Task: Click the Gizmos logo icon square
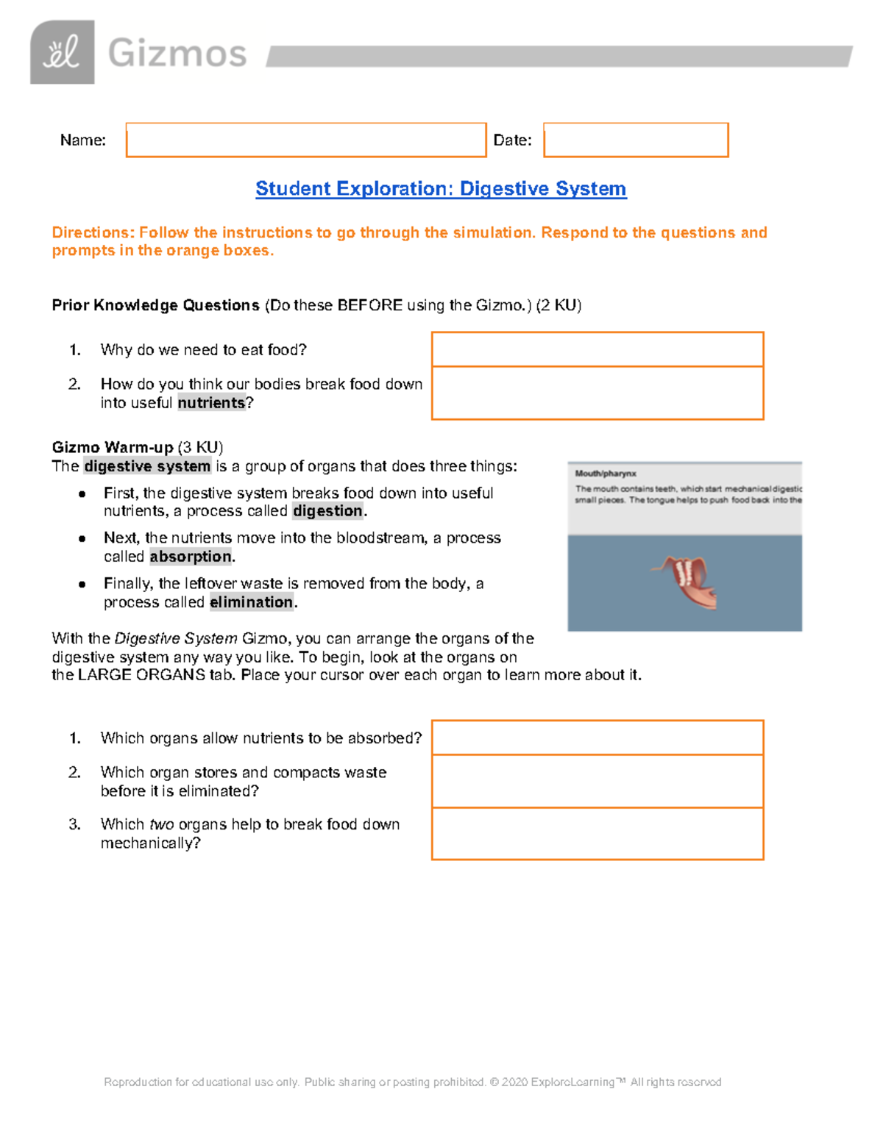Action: pos(62,52)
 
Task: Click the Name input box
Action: pos(306,140)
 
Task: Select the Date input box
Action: pos(636,140)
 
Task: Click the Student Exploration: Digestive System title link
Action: pos(441,189)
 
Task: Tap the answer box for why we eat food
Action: pos(597,349)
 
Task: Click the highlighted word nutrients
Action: pos(211,403)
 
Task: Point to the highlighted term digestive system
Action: pos(147,466)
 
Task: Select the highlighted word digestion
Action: pos(327,511)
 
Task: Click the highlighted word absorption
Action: pos(191,557)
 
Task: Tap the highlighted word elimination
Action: pos(252,602)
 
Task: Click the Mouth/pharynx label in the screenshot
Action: pos(606,474)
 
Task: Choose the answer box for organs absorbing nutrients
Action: pos(597,738)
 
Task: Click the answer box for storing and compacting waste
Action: pos(597,781)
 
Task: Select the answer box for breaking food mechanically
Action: pos(597,833)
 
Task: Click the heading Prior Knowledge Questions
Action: pos(155,305)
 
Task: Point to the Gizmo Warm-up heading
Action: pos(113,447)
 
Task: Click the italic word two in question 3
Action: pos(161,824)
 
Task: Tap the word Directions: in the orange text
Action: pos(93,233)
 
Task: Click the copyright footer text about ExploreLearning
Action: pos(412,1082)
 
